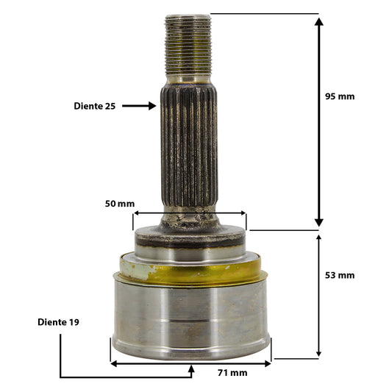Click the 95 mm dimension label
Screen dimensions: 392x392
[x=340, y=96]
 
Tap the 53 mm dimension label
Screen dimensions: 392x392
[x=340, y=275]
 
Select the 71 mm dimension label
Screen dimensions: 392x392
[x=232, y=373]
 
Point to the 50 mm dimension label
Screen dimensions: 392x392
[x=119, y=204]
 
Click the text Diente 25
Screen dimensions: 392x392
[x=94, y=106]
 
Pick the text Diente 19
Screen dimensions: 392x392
[x=58, y=322]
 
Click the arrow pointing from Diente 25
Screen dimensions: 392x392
[x=139, y=106]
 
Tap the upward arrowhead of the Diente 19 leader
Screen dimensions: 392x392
[x=191, y=368]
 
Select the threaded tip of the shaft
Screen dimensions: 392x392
[x=188, y=44]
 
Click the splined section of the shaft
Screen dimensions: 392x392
[x=189, y=146]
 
